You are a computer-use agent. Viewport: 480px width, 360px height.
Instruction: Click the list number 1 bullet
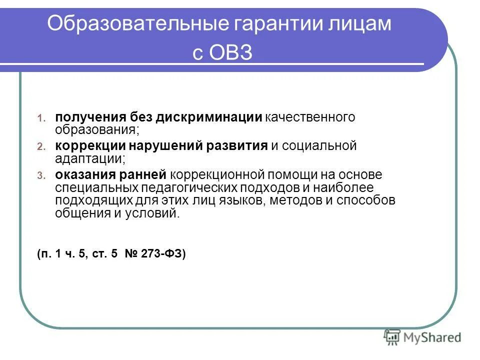(41, 118)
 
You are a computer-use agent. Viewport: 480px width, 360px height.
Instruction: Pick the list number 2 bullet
(41, 147)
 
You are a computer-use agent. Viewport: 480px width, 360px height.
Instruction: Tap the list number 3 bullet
(41, 175)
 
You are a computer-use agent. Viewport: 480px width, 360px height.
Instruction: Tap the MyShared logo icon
(392, 336)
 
